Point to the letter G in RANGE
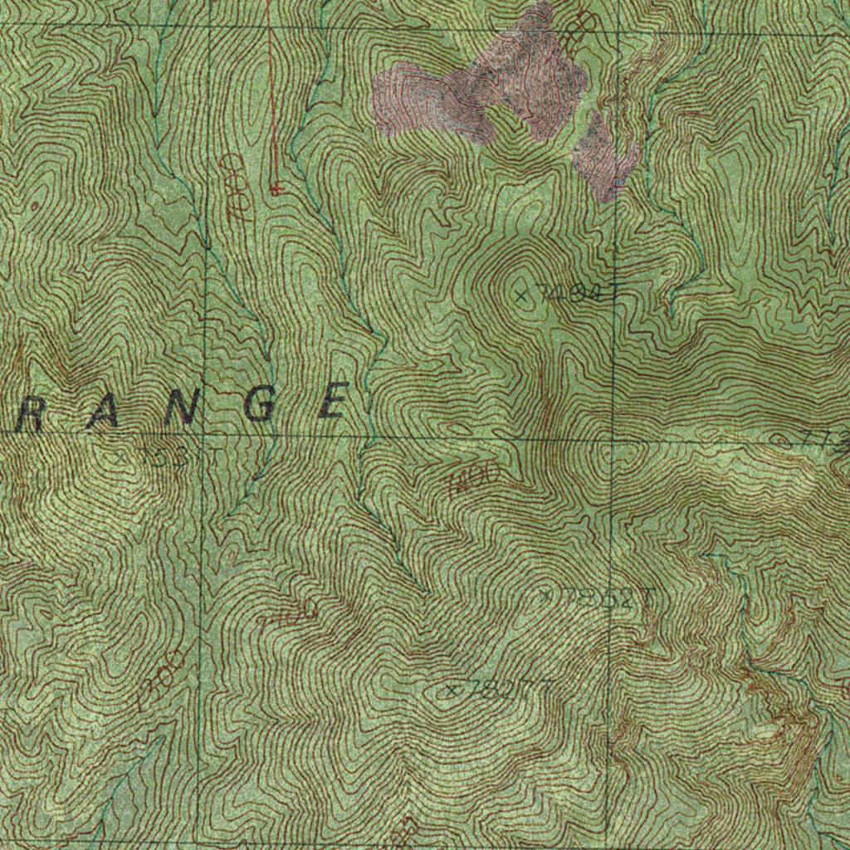pos(261,407)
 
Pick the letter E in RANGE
pos(334,403)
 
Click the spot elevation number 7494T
pos(578,292)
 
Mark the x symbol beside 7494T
pos(521,295)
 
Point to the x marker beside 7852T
pos(546,595)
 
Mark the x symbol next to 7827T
pos(452,691)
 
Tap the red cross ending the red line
pos(276,190)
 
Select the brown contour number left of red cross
pos(233,186)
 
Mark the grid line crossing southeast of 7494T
pos(614,438)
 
